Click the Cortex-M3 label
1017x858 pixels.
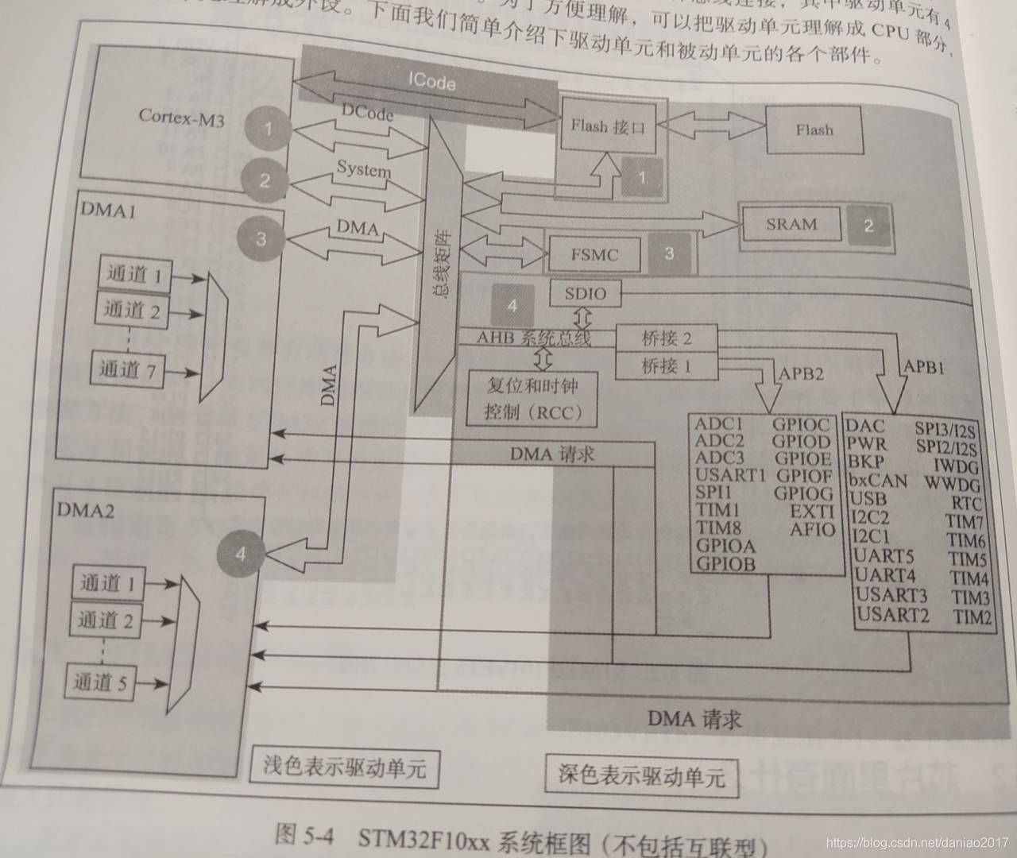pyautogui.click(x=181, y=118)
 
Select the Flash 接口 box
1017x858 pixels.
pyautogui.click(x=608, y=126)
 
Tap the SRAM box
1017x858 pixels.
pyautogui.click(x=791, y=225)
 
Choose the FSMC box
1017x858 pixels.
pyautogui.click(x=594, y=255)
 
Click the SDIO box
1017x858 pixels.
pyautogui.click(x=586, y=294)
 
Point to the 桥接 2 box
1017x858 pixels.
pyautogui.click(x=666, y=338)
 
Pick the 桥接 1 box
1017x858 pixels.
pyautogui.click(x=666, y=366)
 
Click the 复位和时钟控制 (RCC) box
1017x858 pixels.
pyautogui.click(x=532, y=399)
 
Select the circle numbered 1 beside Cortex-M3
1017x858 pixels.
pyautogui.click(x=269, y=129)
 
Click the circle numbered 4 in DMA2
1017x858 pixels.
pyautogui.click(x=241, y=554)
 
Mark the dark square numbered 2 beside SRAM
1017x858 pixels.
pyautogui.click(x=868, y=226)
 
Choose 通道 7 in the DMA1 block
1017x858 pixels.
pyautogui.click(x=127, y=369)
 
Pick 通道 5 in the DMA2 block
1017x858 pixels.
pyautogui.click(x=101, y=682)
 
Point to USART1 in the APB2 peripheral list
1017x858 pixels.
pyautogui.click(x=729, y=476)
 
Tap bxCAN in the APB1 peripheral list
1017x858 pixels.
pyautogui.click(x=877, y=480)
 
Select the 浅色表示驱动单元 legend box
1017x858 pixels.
pyautogui.click(x=345, y=767)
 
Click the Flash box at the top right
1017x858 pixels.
pyautogui.click(x=814, y=129)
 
